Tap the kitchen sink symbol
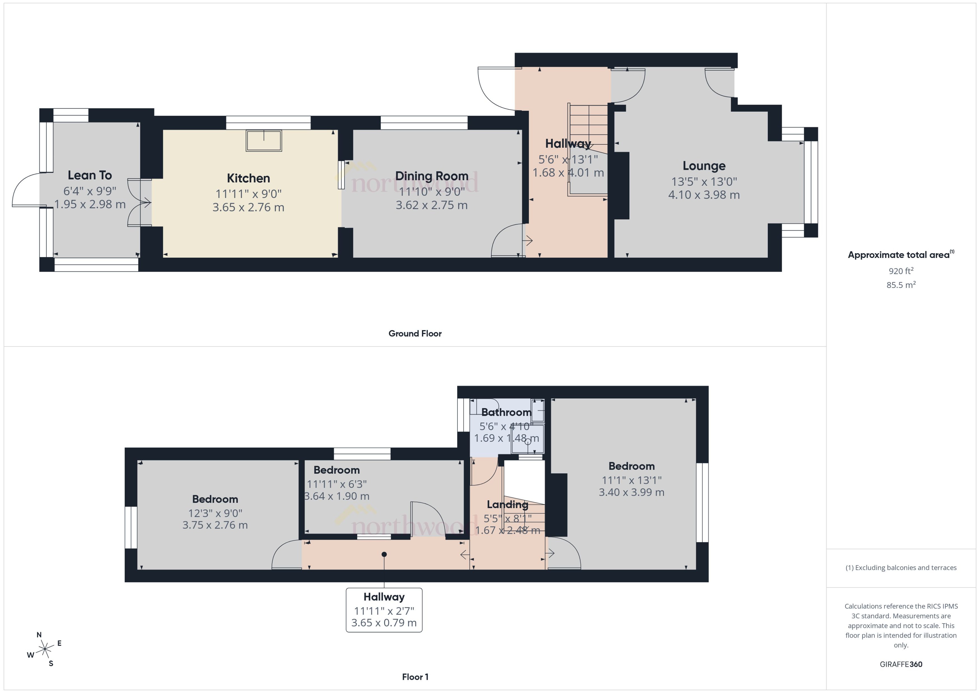(x=263, y=140)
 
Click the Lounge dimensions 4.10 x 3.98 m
(x=704, y=195)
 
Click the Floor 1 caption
(x=415, y=677)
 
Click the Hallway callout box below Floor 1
(x=384, y=610)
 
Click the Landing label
(x=507, y=505)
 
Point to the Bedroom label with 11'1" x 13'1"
(x=631, y=466)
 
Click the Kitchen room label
(x=248, y=178)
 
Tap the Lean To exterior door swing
(x=26, y=190)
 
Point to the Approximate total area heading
(x=899, y=255)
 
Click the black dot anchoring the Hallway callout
(x=384, y=554)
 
